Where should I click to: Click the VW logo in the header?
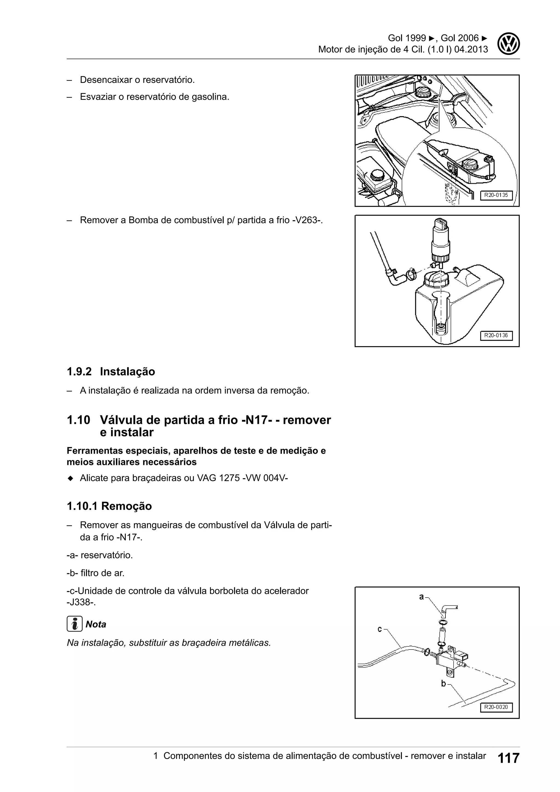point(509,43)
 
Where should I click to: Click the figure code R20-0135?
point(496,195)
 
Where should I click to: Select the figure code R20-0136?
point(496,335)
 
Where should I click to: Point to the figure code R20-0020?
point(496,707)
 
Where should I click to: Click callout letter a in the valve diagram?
point(421,597)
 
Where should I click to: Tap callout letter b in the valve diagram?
point(444,684)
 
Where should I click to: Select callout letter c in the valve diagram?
point(380,630)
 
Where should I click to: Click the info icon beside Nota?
point(74,624)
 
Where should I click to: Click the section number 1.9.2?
point(79,372)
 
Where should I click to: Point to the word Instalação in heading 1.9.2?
point(127,372)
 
